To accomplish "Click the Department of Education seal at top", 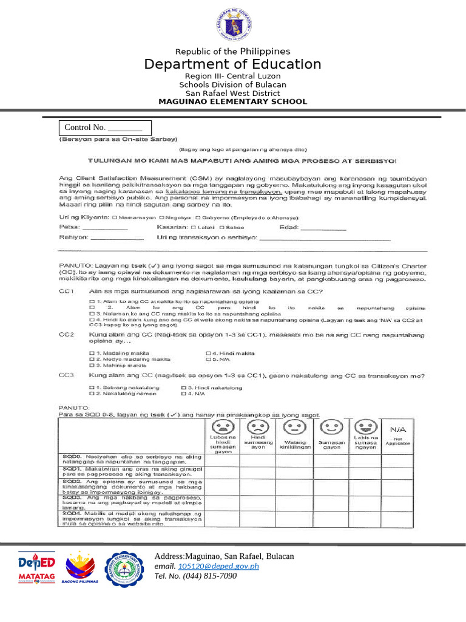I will tap(232, 24).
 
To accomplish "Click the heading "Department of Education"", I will tap(232, 64).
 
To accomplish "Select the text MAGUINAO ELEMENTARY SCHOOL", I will tap(232, 101).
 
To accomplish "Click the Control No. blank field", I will tap(124, 128).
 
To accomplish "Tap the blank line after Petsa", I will tap(105, 228).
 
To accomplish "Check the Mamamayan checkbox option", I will tap(115, 217).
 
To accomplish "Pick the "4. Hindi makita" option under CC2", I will tap(208, 354).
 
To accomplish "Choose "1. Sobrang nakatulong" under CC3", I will tap(92, 388).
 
